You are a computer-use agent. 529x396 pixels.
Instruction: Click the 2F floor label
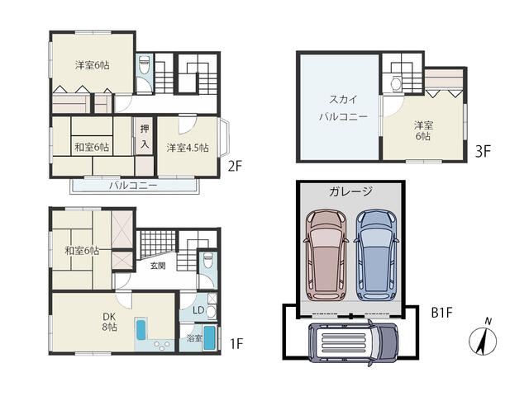tap(235, 166)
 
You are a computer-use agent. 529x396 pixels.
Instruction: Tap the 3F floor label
tap(483, 151)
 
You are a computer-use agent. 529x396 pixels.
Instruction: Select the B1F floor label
tap(441, 313)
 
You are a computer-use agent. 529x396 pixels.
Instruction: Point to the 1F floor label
tap(236, 343)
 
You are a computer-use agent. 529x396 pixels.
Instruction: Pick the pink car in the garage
tap(326, 255)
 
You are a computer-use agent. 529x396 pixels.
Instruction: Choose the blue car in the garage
tap(376, 255)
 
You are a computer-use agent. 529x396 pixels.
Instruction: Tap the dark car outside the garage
tap(353, 343)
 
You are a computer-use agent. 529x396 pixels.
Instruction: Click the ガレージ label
tap(350, 191)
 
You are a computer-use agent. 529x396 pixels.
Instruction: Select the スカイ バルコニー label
tap(343, 108)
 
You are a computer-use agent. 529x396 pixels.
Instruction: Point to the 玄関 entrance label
tap(158, 266)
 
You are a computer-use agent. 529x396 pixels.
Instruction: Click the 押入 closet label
tap(145, 136)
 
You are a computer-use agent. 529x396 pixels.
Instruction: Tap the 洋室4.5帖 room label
tap(188, 148)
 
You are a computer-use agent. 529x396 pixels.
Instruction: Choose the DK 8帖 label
tap(110, 321)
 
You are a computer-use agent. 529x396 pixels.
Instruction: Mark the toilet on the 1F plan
tap(207, 261)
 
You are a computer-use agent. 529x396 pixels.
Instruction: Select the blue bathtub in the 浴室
tap(209, 337)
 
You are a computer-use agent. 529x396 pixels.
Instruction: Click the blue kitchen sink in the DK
tap(141, 330)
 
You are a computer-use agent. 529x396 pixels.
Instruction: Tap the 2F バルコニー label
tap(133, 186)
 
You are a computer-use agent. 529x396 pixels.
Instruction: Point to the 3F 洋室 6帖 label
tap(423, 130)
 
